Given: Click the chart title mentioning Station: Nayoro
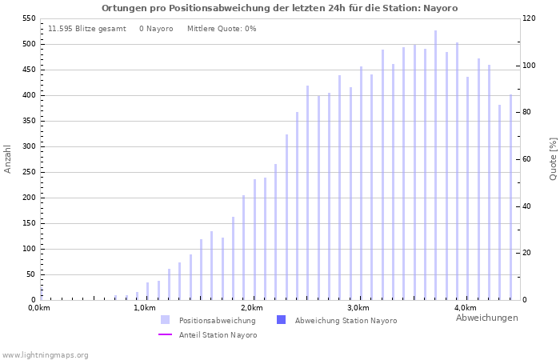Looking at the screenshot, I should [x=279, y=8].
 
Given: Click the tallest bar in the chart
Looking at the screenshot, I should [x=435, y=165].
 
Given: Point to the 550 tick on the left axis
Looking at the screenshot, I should [x=29, y=18].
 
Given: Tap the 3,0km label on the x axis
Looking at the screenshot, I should [x=358, y=308].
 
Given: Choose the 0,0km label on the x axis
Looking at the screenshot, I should [x=40, y=308].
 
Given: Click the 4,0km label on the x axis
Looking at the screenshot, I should [x=465, y=308].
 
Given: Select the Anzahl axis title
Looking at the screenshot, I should [x=8, y=158].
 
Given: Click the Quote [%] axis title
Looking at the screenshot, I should [x=553, y=158].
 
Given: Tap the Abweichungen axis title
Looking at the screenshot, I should [x=486, y=318].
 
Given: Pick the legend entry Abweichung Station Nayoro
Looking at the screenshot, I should [x=345, y=321].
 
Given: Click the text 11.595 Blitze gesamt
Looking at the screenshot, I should [x=87, y=29].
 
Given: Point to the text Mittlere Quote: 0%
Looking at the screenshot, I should [x=222, y=29].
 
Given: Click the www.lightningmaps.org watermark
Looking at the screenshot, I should [x=46, y=355].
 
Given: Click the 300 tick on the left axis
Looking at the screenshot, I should [x=29, y=146].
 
